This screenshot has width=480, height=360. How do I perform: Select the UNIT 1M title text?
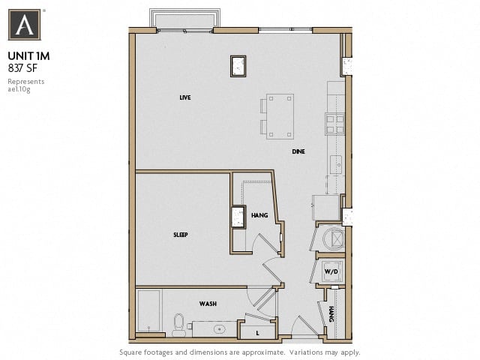[x=28, y=55]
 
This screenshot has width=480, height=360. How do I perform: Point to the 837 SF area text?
[x=23, y=67]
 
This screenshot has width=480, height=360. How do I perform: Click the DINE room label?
[x=298, y=152]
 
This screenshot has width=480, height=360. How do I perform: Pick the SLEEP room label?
[x=180, y=235]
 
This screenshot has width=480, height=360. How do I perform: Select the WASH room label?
[x=208, y=304]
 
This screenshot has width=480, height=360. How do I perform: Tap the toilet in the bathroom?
[x=178, y=324]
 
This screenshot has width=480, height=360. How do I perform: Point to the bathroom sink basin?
[x=220, y=328]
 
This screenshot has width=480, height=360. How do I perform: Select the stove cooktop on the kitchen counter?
[x=334, y=123]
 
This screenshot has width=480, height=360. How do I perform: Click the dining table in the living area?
[x=279, y=116]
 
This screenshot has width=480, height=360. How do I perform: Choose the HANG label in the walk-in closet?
[x=259, y=215]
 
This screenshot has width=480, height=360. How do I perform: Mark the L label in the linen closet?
[x=258, y=331]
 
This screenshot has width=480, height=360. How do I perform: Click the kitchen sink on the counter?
[x=336, y=163]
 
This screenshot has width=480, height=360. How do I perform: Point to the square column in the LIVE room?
[x=238, y=66]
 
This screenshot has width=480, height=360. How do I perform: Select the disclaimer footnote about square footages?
[x=240, y=352]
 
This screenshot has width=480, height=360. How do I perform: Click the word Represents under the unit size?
[x=25, y=81]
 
